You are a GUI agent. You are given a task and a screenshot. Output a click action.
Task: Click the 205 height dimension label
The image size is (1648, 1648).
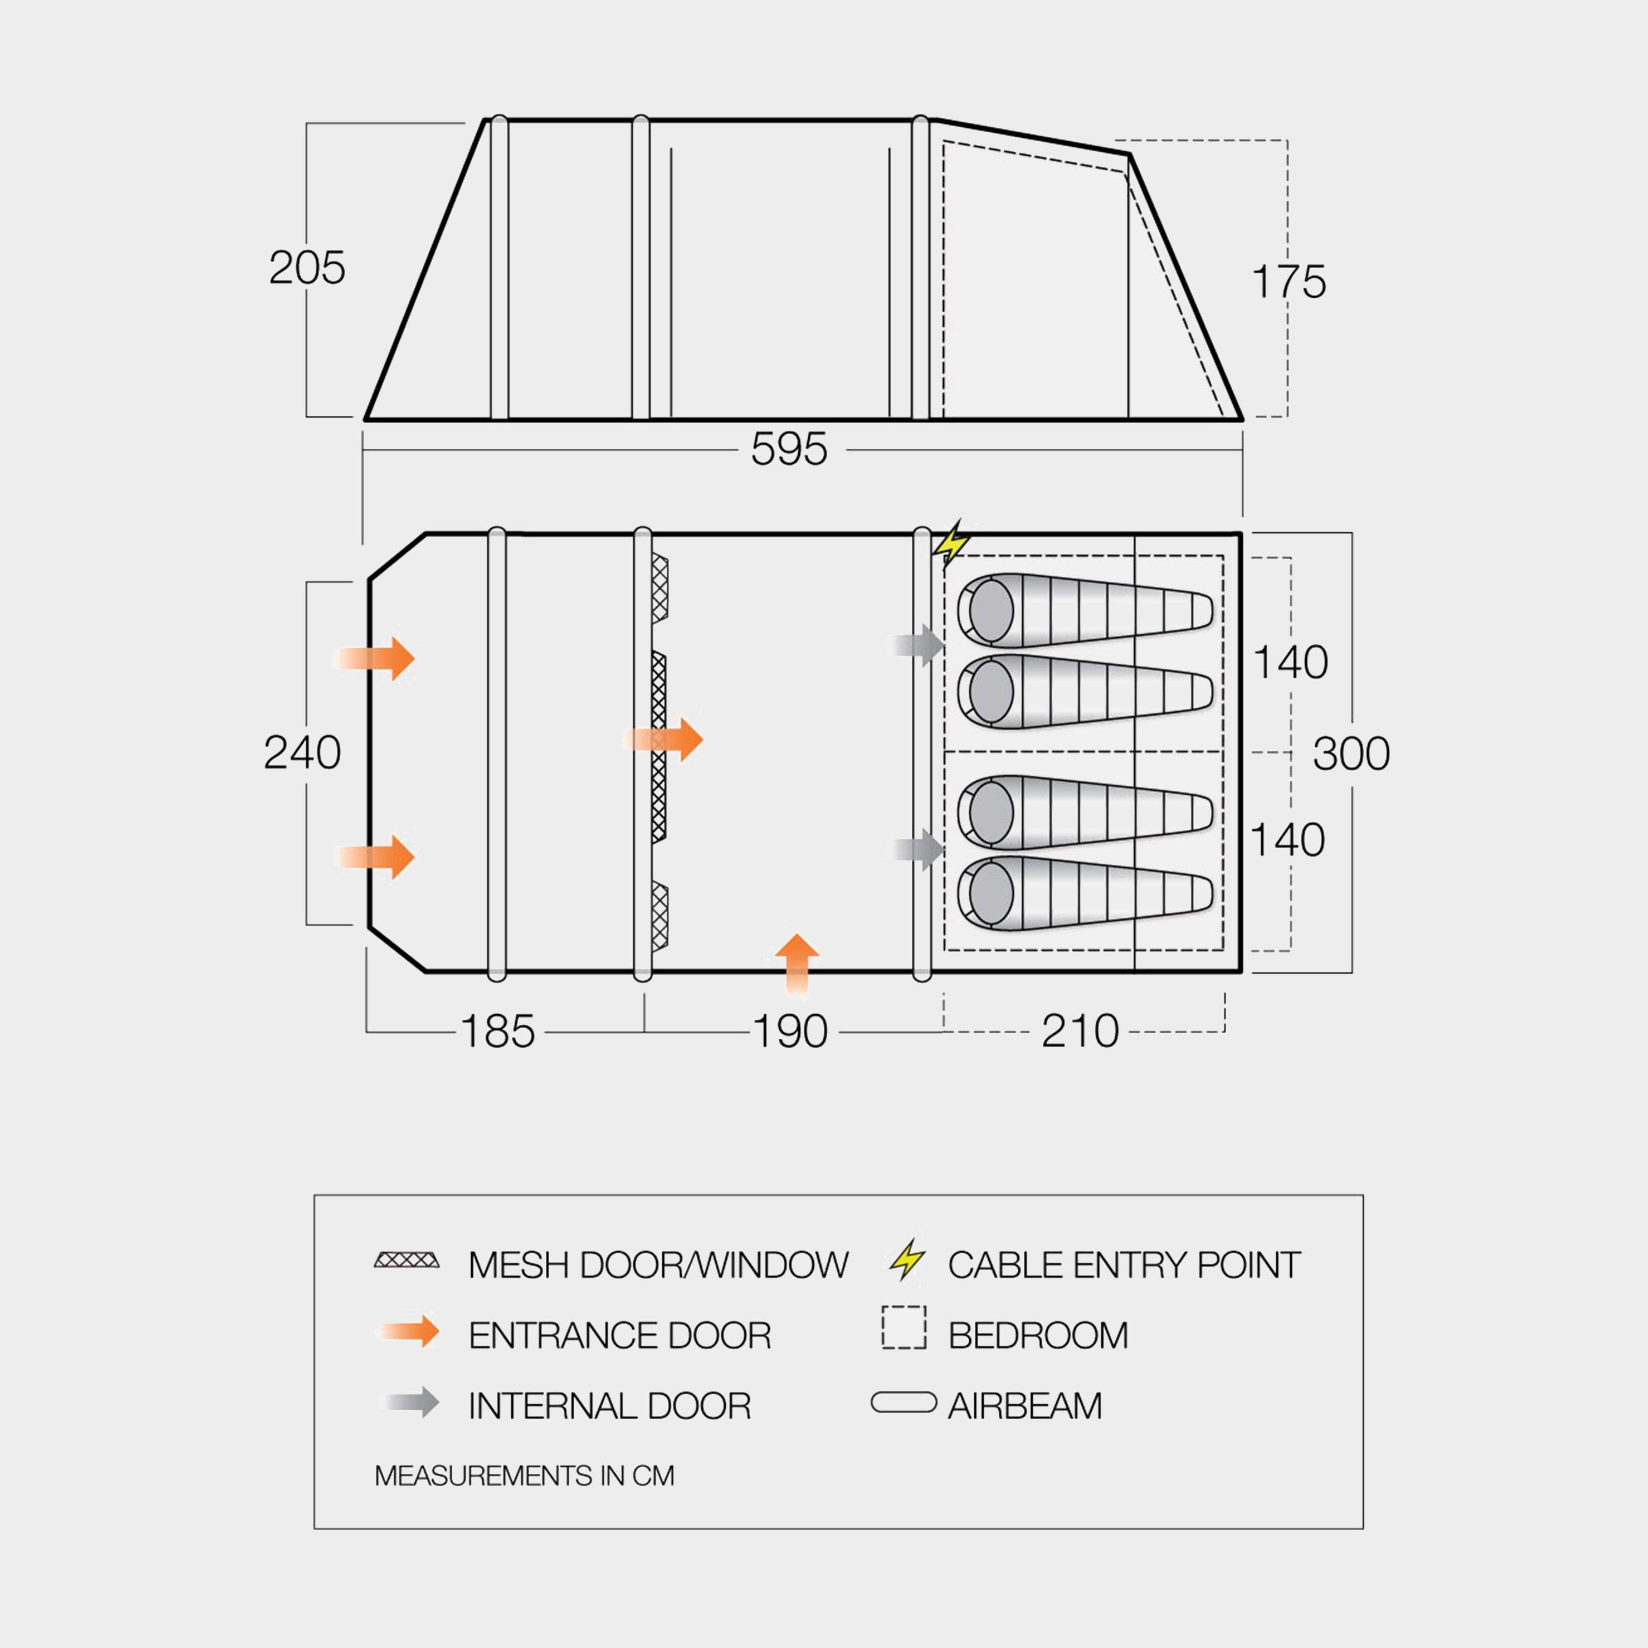[307, 268]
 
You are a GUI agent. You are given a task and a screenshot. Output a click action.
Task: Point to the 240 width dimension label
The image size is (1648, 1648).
[302, 752]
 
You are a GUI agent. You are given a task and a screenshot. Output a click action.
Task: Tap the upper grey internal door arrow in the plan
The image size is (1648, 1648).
[919, 645]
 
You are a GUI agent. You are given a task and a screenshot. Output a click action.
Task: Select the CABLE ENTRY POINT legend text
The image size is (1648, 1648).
[1124, 1265]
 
